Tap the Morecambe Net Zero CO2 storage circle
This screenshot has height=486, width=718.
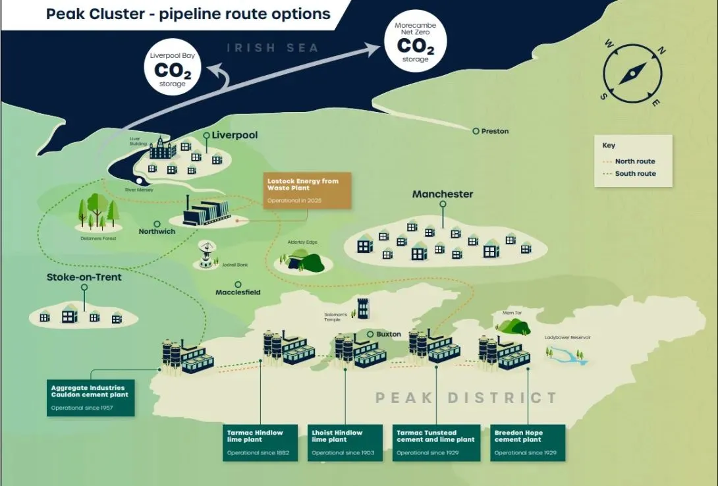[415, 41]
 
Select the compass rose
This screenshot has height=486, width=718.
[632, 72]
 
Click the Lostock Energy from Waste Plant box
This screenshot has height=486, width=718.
[308, 190]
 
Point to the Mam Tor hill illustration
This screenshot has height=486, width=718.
[513, 326]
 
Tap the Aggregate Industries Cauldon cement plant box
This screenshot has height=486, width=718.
[90, 397]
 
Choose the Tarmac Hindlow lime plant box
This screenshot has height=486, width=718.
[260, 443]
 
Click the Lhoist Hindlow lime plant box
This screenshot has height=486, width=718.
[345, 443]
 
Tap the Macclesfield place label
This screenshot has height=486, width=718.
[238, 292]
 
